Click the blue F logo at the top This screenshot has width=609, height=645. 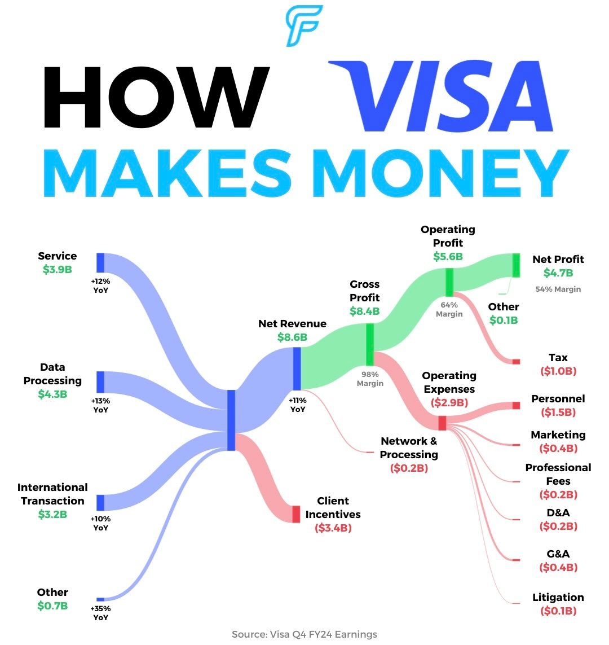click(x=304, y=25)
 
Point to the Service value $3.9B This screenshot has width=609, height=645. click(x=57, y=270)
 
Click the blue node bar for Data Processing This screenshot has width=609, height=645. click(x=100, y=382)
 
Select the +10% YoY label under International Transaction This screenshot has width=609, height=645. click(x=100, y=523)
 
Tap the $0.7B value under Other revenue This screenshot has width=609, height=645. click(x=52, y=606)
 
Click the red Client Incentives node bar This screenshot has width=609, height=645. click(x=296, y=514)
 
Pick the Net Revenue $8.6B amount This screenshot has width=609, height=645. click(x=292, y=337)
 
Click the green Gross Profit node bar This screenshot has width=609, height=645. click(x=370, y=344)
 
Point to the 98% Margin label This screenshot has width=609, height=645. click(x=370, y=379)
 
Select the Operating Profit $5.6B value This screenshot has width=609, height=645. click(x=448, y=257)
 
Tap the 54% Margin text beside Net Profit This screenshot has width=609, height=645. click(x=558, y=289)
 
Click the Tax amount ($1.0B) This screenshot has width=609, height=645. click(x=558, y=371)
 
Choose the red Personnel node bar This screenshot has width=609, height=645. click(x=515, y=405)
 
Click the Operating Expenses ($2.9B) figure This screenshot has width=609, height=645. click(x=449, y=403)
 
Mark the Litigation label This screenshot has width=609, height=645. click(x=558, y=597)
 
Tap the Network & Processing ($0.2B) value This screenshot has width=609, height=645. click(x=409, y=468)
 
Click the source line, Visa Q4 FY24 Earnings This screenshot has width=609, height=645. click(x=304, y=634)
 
